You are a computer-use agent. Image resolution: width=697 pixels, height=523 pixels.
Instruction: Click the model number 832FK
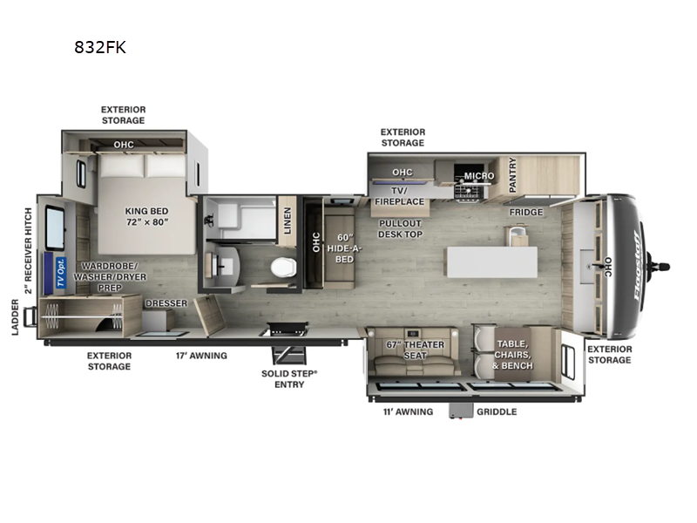coord(100,48)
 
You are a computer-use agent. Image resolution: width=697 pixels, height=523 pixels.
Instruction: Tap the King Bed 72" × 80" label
coord(145,216)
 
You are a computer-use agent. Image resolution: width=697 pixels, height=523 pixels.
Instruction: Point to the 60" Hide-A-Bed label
coord(342,247)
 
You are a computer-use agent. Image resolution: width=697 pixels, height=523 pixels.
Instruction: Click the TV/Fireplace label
coord(400,196)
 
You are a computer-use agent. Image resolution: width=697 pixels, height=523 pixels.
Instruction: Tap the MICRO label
coord(478,176)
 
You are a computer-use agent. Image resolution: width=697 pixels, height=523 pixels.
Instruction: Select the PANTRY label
coord(512,175)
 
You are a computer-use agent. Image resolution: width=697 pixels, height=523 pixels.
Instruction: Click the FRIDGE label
coord(526,212)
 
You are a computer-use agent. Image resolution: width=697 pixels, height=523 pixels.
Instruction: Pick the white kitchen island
coord(491,261)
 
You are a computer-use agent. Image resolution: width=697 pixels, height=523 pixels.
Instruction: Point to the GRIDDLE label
coord(497,411)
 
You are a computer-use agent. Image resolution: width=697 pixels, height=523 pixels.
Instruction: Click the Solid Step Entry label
coord(289,378)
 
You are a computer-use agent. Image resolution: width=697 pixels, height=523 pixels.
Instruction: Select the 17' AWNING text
coord(201,356)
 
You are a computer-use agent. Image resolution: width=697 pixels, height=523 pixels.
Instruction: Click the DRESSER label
coord(166,303)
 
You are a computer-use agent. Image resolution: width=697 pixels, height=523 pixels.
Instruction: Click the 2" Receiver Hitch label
coord(28,251)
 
